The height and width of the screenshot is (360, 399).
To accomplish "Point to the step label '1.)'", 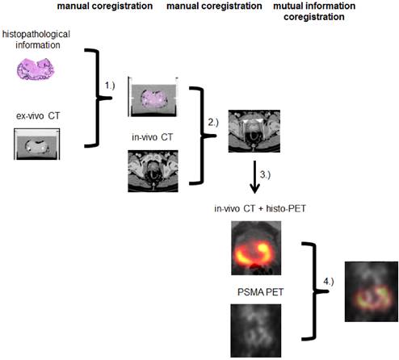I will click(109, 85).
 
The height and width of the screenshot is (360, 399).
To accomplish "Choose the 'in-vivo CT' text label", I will click(153, 137).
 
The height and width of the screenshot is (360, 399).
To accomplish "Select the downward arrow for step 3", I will click(254, 178).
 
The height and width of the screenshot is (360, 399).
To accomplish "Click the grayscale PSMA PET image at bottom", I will click(255, 327).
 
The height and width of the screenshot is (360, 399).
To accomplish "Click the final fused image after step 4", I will click(371, 292).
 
